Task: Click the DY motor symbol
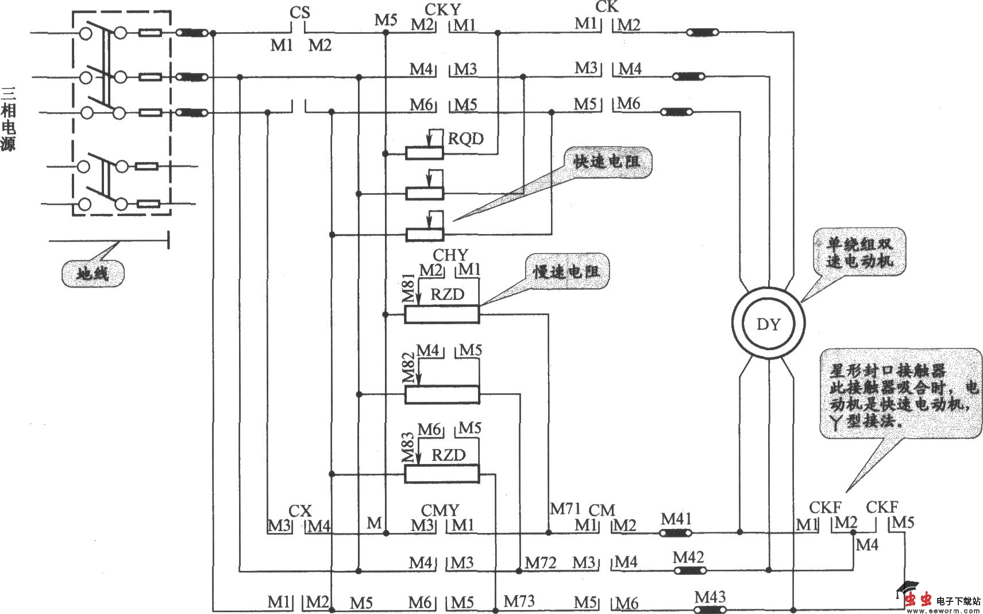768,324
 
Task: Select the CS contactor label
299,12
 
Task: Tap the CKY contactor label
442,9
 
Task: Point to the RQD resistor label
465,139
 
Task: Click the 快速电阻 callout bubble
607,162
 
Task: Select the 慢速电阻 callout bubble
566,271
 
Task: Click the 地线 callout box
92,273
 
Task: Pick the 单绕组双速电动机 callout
859,252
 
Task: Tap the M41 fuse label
676,519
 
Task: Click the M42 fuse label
688,557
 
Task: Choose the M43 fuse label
710,597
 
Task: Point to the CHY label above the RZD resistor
450,255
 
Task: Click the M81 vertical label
408,288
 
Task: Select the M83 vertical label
408,448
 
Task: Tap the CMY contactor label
440,511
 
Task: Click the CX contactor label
300,511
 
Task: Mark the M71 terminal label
566,508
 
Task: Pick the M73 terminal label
519,601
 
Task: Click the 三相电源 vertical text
8,118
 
